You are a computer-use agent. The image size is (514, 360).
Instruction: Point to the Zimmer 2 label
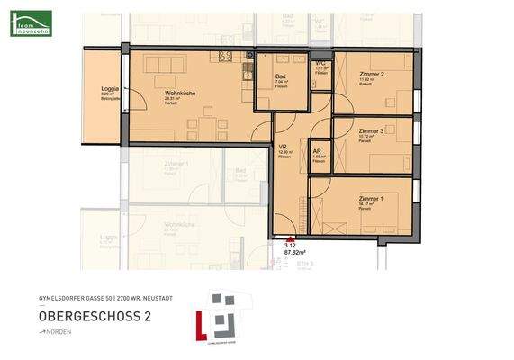[372, 74]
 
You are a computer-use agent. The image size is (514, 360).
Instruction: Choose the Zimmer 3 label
[371, 130]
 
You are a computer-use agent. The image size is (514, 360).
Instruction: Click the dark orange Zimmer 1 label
[371, 198]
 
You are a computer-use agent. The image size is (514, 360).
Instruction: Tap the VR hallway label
[282, 146]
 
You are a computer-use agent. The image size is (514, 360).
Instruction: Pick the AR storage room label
[317, 150]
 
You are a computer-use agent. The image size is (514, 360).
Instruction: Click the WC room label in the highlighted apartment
[320, 63]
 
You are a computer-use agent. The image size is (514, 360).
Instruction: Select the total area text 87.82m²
[295, 253]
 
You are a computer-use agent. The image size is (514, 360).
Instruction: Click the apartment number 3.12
[290, 244]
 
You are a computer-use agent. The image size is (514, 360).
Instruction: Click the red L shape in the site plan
[201, 325]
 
